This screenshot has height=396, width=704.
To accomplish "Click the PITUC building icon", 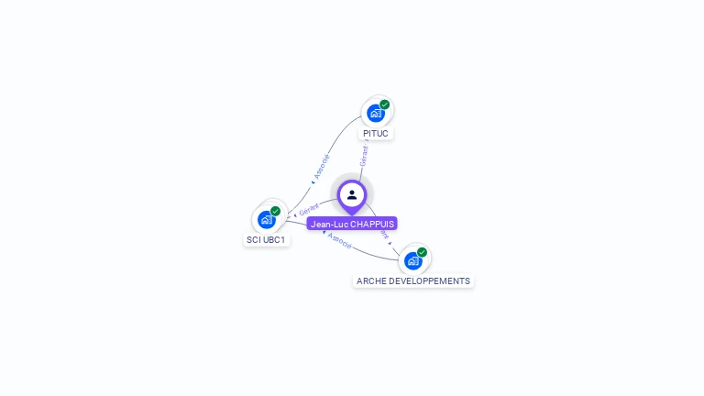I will [375, 114].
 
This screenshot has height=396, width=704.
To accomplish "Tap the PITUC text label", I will [376, 134].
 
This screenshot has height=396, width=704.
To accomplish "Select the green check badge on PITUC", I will [385, 104].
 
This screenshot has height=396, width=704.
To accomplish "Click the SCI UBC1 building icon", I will [266, 220].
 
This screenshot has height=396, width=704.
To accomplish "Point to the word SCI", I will [253, 240].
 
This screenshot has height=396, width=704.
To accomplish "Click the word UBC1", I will [275, 240].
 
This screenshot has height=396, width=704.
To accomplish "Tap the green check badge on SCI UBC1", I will [276, 212].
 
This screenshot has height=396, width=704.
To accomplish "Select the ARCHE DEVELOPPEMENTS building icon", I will [412, 261].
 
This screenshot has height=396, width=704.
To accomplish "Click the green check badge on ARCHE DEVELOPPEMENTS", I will [423, 252].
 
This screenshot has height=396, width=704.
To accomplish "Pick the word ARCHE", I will [371, 281].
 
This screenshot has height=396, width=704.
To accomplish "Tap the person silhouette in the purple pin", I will [352, 194].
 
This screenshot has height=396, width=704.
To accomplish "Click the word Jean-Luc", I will [329, 224].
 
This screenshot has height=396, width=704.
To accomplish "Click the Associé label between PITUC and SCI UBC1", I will [320, 165].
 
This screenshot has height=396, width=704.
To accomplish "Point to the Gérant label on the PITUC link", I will [364, 156].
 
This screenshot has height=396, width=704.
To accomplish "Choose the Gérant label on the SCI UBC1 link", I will [307, 211].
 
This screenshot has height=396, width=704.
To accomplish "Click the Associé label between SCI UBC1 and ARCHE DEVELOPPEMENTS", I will [339, 242].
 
